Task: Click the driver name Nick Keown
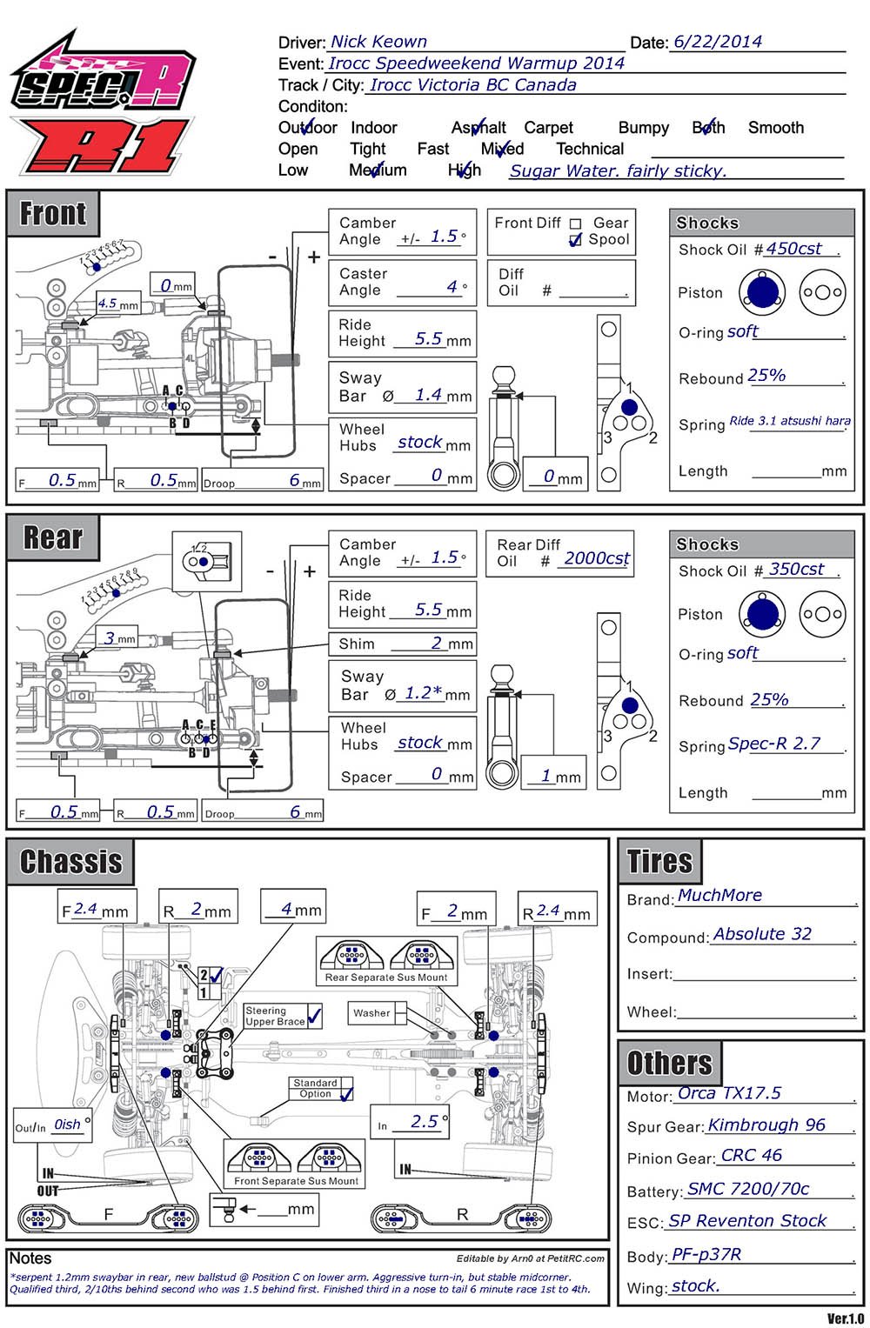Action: point(378,42)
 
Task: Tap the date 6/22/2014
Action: point(718,42)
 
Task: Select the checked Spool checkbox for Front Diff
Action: point(575,240)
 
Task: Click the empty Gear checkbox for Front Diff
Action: point(575,224)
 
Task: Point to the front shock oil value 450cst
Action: point(793,249)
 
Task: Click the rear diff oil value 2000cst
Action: point(597,558)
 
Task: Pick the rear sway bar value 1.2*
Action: point(424,693)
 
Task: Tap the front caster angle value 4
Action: point(452,286)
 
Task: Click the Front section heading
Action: point(53,213)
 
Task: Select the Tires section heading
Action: point(659,862)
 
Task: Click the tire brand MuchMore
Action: point(719,896)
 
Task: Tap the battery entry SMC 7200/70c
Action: point(748,1189)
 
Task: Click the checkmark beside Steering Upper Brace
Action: point(315,1015)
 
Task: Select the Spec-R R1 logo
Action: point(103,104)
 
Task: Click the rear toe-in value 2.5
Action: point(425,1122)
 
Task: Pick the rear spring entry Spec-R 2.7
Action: point(773,744)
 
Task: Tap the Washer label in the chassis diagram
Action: point(371,1013)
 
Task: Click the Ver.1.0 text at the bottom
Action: point(845,1318)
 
